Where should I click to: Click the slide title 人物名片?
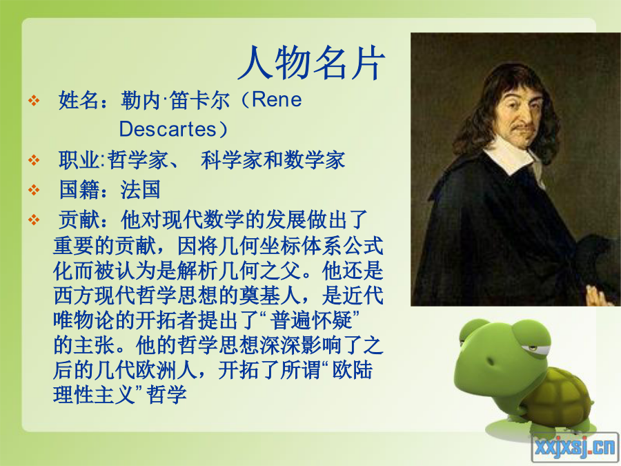point(311,63)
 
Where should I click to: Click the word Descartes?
point(167,129)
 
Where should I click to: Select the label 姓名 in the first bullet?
point(79,99)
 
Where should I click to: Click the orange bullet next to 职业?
point(34,160)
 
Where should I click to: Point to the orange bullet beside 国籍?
point(34,190)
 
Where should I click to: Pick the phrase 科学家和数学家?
point(273,160)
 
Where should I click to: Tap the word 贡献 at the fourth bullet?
point(79,220)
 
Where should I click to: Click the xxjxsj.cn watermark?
point(575,447)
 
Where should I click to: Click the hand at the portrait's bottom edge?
point(600,296)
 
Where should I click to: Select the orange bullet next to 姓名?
point(34,100)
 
